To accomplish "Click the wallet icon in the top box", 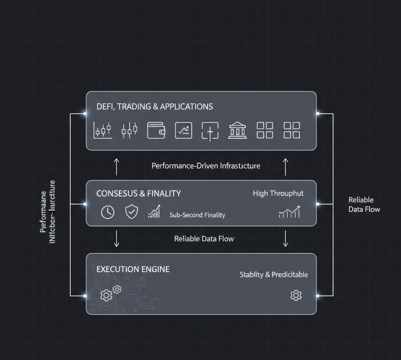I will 156,130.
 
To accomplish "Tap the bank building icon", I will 237,130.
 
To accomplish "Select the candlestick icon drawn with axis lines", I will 103,130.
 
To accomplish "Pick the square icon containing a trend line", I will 183,130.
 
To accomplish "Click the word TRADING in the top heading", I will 136,106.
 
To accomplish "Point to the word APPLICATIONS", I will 186,106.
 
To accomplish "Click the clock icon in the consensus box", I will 108,212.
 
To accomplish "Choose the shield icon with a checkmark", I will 131,212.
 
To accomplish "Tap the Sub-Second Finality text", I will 197,215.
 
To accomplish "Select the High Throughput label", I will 278,193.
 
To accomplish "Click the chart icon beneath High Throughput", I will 289,212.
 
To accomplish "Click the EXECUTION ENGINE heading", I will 133,269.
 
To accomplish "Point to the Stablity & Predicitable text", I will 274,275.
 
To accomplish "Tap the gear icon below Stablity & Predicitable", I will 296,295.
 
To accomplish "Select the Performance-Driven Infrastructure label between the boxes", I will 206,166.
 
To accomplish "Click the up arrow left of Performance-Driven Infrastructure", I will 116,166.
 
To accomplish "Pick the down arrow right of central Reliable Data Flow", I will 285,238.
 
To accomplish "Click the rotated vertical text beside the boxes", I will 48,212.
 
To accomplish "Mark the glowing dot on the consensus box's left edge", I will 85,204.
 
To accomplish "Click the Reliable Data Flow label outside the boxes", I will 364,205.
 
